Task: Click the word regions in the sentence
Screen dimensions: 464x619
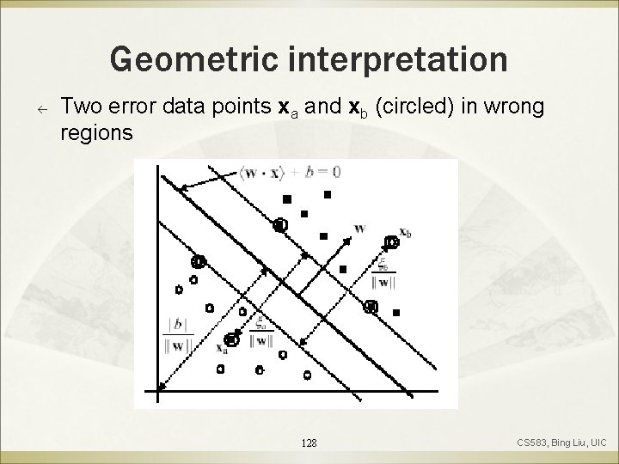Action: click(97, 134)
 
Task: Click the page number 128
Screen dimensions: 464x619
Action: click(309, 443)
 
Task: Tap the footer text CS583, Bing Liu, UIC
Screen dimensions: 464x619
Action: click(561, 443)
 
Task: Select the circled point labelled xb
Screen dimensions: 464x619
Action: click(391, 243)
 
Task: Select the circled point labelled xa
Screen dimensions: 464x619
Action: click(231, 339)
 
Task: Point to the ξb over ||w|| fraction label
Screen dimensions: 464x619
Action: click(386, 275)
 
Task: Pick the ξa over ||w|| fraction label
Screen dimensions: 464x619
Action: click(258, 332)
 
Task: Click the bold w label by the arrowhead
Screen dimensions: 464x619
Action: click(359, 228)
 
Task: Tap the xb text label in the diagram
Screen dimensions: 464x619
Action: click(405, 233)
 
